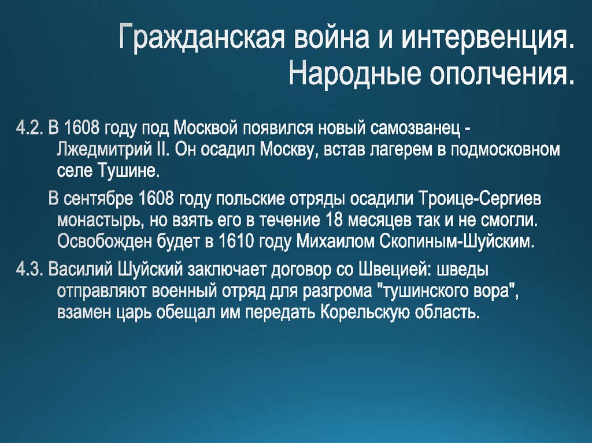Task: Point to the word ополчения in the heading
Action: pyautogui.click(x=501, y=73)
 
